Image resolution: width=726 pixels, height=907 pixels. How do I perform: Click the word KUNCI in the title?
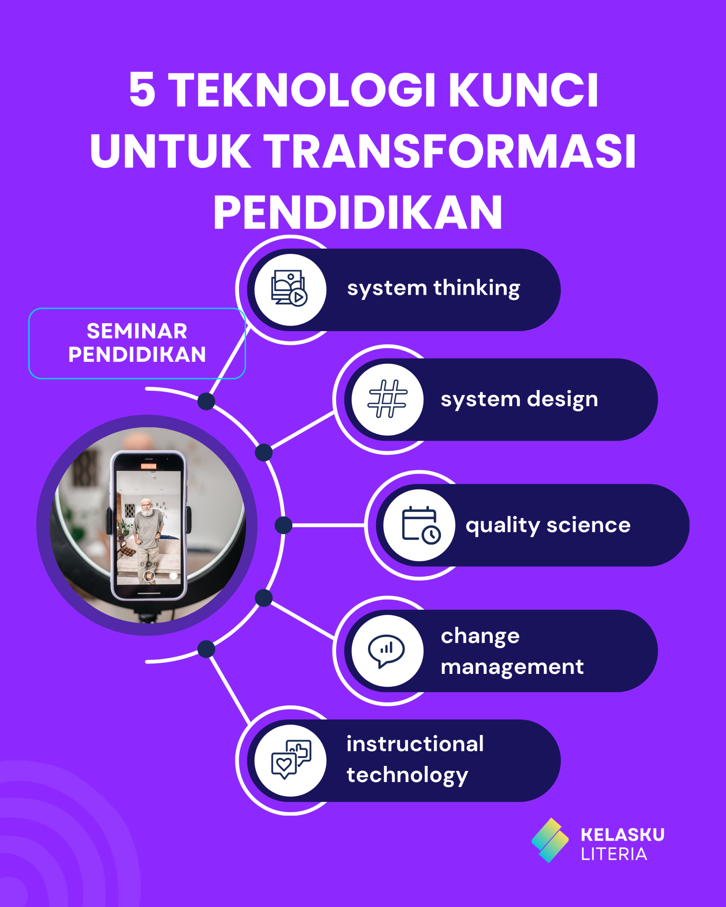pos(523,90)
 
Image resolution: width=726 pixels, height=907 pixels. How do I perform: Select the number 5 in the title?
pos(142,90)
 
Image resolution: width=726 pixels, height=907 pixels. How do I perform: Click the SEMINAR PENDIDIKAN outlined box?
pos(137,343)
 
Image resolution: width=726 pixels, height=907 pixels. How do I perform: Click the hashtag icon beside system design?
pos(387,399)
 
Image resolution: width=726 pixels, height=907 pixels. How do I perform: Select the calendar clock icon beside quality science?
pos(421,525)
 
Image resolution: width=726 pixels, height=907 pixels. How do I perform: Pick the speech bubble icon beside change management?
pos(386,651)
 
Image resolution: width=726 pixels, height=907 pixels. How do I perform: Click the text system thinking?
pos(434,289)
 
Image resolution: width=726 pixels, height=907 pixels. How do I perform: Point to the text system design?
pos(519,400)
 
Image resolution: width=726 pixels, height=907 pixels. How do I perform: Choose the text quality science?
pos(548,526)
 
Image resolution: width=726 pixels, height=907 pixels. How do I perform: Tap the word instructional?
pos(415,744)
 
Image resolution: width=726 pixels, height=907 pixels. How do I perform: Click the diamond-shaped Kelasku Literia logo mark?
pos(550,840)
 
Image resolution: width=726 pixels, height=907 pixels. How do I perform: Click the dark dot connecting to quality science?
pos(284,525)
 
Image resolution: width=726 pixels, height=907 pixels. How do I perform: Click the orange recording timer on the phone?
pos(149,466)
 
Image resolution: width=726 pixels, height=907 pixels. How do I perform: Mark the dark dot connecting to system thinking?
pos(206,401)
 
